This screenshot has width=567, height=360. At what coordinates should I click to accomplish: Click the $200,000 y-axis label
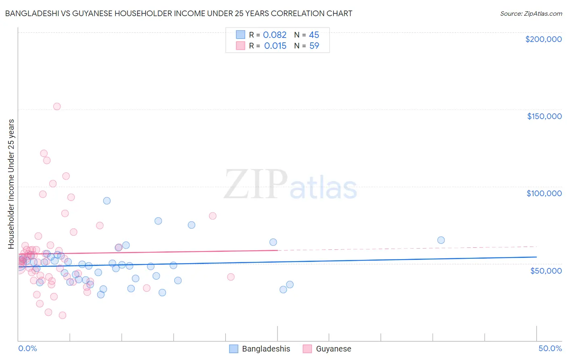[543, 39]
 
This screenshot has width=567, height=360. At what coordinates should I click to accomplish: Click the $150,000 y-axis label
[544, 116]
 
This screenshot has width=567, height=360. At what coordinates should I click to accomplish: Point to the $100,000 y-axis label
[544, 193]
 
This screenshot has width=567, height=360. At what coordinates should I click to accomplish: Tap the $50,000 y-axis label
[546, 270]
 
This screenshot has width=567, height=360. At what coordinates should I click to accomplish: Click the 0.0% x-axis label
[27, 348]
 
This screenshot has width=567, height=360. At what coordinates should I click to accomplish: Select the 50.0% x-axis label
[550, 348]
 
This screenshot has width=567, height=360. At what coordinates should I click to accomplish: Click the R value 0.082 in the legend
[275, 35]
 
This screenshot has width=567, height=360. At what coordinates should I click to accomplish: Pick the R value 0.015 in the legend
[275, 46]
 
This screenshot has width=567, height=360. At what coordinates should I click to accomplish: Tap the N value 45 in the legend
[314, 35]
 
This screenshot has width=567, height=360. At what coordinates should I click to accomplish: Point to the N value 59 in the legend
[314, 46]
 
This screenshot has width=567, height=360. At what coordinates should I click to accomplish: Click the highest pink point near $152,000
[57, 107]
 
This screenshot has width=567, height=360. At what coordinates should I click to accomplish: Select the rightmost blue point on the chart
[441, 240]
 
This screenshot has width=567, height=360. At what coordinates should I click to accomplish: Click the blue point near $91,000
[107, 201]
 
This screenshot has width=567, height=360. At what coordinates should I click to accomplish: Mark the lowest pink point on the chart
[63, 315]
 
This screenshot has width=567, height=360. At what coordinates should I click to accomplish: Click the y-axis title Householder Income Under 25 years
[11, 184]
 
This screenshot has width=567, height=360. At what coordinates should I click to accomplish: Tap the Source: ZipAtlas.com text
[531, 13]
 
